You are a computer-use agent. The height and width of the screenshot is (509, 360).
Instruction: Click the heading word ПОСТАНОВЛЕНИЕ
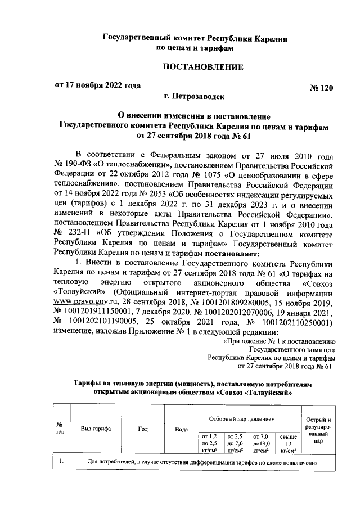tap(202, 67)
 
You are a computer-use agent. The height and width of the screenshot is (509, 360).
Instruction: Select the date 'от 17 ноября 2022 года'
tap(96, 86)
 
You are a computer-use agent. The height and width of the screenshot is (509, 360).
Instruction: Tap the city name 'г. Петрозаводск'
tap(193, 96)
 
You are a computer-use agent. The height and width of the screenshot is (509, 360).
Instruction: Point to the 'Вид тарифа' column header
tap(95, 429)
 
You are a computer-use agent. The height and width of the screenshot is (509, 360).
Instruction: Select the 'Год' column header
tap(142, 429)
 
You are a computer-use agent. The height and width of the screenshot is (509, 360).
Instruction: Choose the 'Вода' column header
tap(181, 429)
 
